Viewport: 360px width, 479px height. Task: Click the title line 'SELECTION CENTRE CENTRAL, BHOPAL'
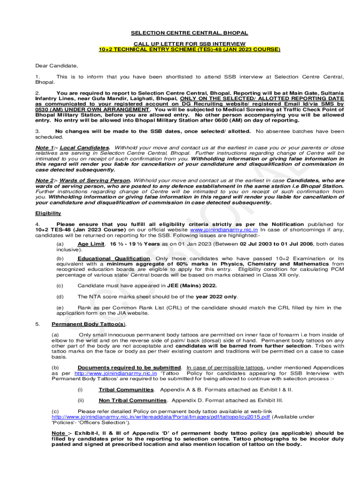tap(189, 33)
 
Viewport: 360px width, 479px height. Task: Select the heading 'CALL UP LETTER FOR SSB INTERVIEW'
tap(189, 43)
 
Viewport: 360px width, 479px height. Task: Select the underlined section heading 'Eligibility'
tap(48, 213)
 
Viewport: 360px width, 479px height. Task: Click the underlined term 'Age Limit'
tap(91, 244)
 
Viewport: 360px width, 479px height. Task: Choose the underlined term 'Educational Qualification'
tap(114, 259)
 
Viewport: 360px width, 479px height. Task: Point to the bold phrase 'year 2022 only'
tap(216, 297)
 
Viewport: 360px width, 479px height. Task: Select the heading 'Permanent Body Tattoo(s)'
tap(88, 324)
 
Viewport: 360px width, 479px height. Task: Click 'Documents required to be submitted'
tap(129, 368)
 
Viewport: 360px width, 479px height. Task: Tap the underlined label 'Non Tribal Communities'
tap(132, 400)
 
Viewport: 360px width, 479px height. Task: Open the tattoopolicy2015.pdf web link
tap(161, 417)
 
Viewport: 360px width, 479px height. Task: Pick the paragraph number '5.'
tap(38, 324)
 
